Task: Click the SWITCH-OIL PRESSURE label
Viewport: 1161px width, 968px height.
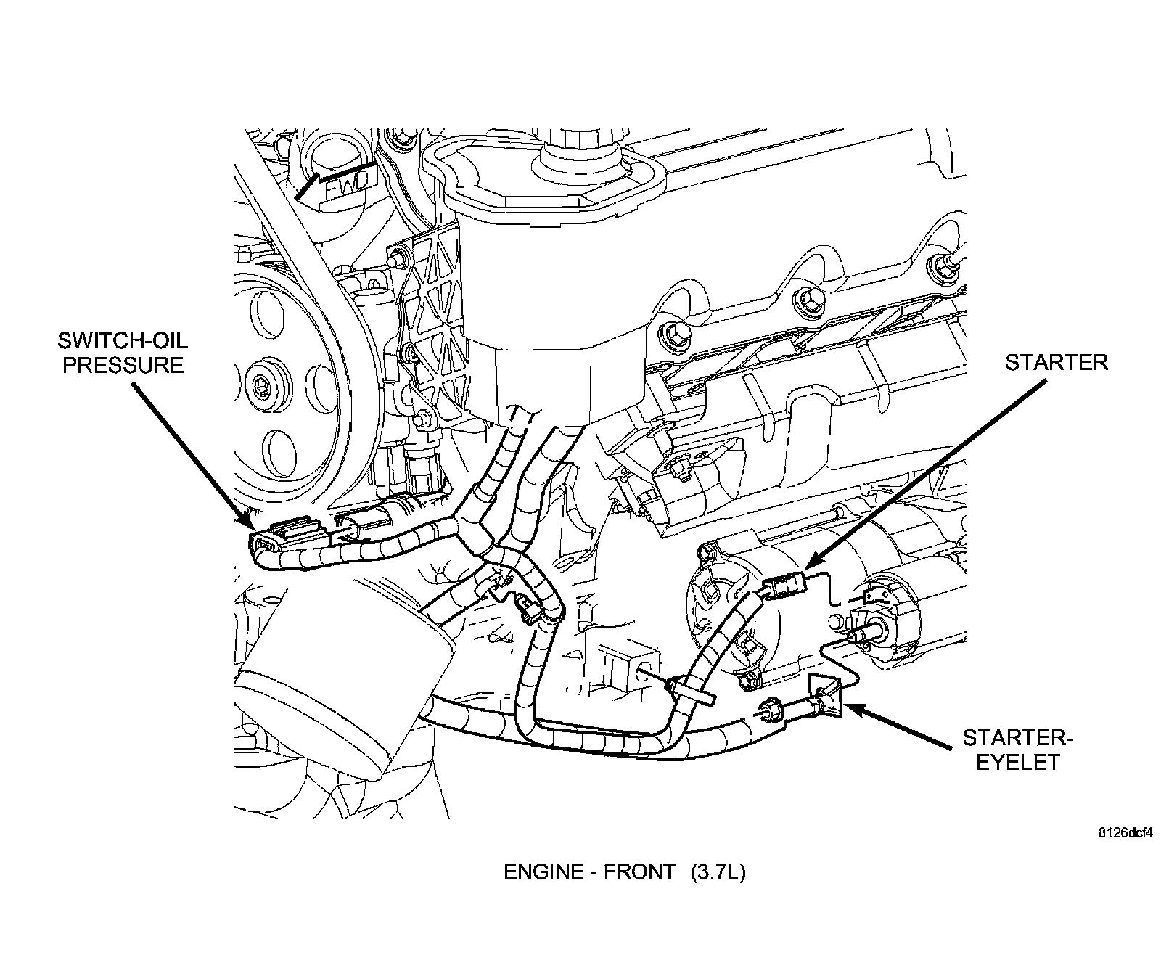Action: click(x=122, y=351)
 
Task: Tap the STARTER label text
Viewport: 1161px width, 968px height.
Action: click(x=1056, y=363)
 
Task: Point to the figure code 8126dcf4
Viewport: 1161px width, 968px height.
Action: click(x=1125, y=833)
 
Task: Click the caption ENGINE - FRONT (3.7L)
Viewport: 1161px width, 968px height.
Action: click(x=624, y=871)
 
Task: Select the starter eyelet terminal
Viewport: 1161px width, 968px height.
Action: click(x=825, y=697)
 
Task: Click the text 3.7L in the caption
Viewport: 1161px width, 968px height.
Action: click(x=718, y=871)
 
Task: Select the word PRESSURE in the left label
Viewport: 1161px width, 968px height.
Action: click(x=122, y=364)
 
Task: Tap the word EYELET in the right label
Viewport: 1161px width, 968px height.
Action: click(x=1017, y=762)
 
